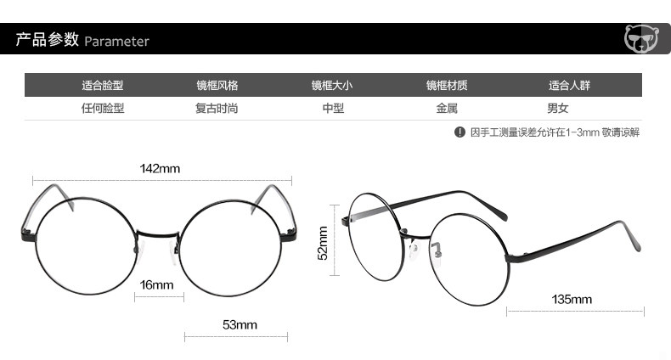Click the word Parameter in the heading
(x=116, y=42)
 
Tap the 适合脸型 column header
(x=103, y=86)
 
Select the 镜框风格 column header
(x=217, y=86)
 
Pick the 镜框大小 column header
(x=331, y=86)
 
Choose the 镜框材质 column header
(x=447, y=86)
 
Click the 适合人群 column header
(x=569, y=86)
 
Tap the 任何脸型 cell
(x=103, y=109)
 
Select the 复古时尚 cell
(x=217, y=109)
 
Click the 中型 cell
(x=332, y=109)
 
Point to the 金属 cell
(x=447, y=109)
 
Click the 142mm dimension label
(x=160, y=168)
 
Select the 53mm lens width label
(x=240, y=324)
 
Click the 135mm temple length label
(x=572, y=300)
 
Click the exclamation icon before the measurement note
(x=460, y=132)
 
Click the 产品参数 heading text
(x=48, y=41)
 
